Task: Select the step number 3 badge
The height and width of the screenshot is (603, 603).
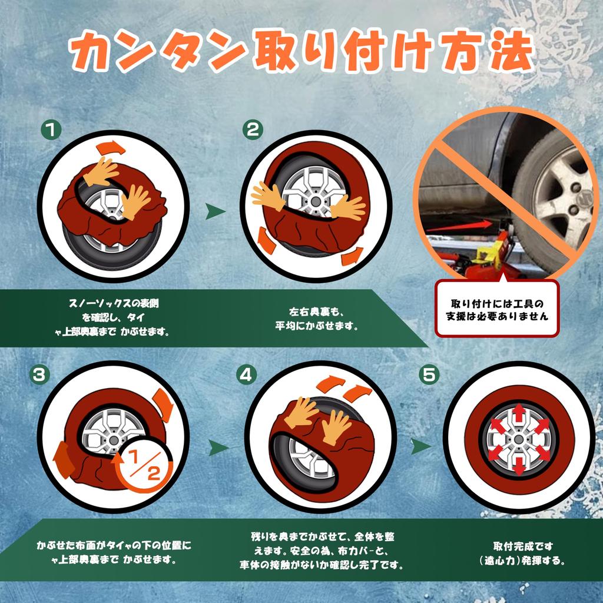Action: (38, 375)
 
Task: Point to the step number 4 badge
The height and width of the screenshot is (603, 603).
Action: (246, 375)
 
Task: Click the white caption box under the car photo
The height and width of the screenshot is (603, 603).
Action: (497, 309)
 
